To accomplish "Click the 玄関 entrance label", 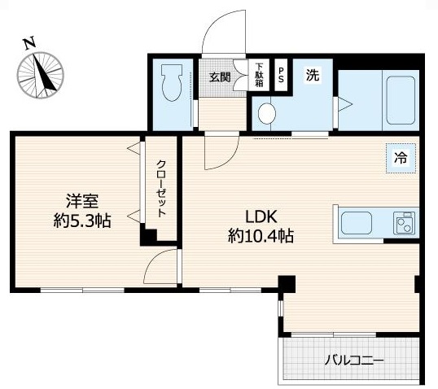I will click(219, 77).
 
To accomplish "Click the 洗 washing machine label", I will click(313, 76).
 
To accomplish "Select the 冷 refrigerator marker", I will click(400, 160).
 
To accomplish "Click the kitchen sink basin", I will click(357, 221).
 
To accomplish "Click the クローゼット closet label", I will click(161, 188).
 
